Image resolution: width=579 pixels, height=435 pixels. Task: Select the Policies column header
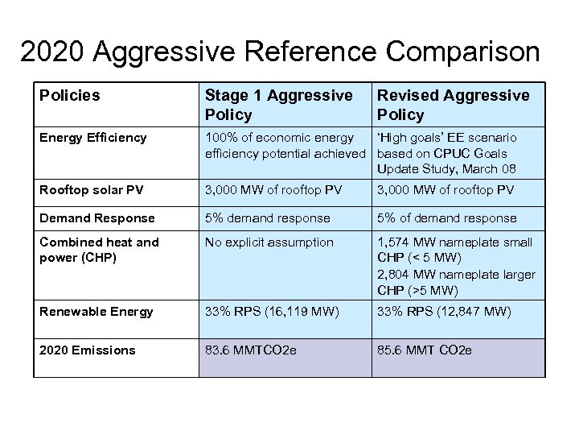coord(70,96)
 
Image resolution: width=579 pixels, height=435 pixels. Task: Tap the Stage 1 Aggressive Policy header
coord(278,105)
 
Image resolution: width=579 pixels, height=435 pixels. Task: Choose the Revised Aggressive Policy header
coord(453,105)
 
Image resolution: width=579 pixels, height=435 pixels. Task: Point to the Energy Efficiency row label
coord(93,138)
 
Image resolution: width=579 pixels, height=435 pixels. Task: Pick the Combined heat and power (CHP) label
coord(99,250)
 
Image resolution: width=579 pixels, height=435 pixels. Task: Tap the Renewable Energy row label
coord(96,312)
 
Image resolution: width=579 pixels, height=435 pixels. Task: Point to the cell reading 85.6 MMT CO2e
coord(425,350)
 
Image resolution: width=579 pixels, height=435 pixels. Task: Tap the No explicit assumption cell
coord(269,242)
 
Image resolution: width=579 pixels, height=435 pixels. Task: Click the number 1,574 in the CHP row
coord(394,242)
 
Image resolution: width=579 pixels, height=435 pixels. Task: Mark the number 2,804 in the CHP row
coord(394,274)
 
